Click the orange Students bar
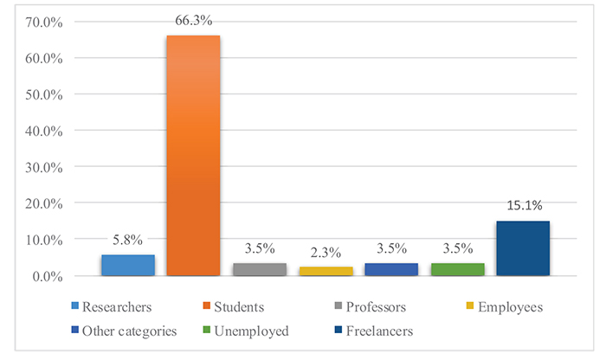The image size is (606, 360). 193,156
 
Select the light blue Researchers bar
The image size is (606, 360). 127,266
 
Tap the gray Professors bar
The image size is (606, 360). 259,270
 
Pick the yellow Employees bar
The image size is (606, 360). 326,272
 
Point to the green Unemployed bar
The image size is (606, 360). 457,270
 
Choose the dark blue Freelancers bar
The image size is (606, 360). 523,249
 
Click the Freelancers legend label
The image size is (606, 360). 378,331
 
